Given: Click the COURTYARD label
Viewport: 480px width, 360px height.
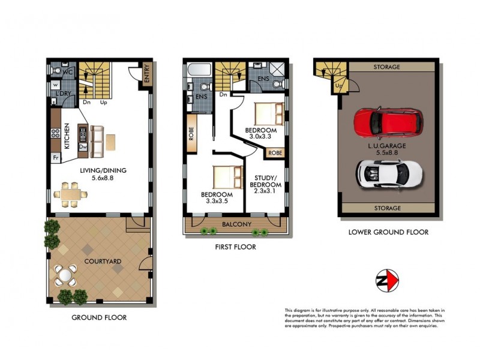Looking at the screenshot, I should pyautogui.click(x=101, y=261).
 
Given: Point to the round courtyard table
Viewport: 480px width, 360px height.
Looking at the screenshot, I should pyautogui.click(x=65, y=275).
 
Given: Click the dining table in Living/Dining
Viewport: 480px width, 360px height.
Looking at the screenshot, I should pyautogui.click(x=71, y=194).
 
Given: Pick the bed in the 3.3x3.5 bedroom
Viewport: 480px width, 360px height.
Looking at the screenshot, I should pyautogui.click(x=224, y=177).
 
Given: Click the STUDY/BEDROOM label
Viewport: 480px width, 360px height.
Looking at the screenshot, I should pyautogui.click(x=265, y=181).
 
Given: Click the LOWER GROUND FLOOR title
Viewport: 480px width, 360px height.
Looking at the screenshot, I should pyautogui.click(x=388, y=232).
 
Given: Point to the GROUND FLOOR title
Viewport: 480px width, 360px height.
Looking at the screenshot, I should pyautogui.click(x=99, y=317).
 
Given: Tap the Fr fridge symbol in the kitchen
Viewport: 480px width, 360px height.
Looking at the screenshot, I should pyautogui.click(x=56, y=158).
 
